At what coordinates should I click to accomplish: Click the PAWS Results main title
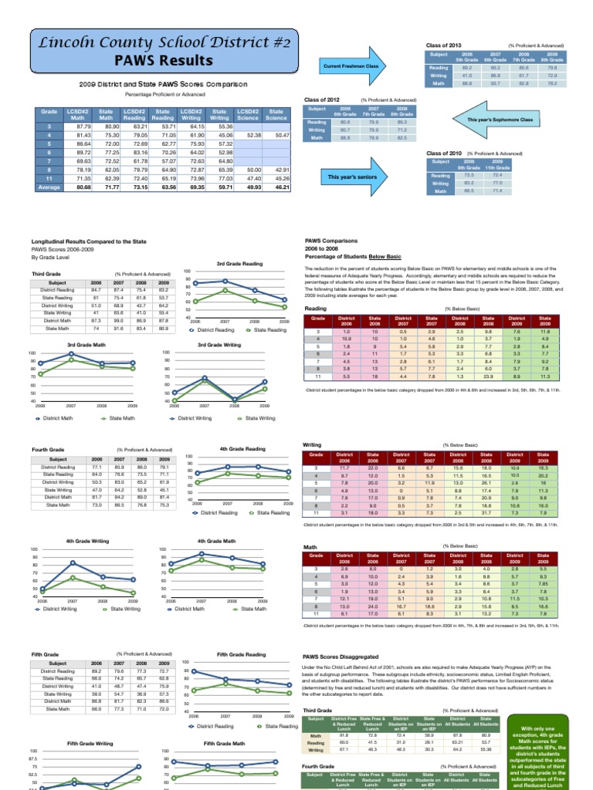[x=163, y=60]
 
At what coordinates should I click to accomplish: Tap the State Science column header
[x=276, y=115]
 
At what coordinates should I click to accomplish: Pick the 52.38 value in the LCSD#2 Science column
[x=248, y=135]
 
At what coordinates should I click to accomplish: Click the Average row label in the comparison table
[x=49, y=187]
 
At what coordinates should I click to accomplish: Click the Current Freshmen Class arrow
[x=361, y=67]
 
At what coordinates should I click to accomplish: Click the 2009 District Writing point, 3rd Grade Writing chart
[x=265, y=381]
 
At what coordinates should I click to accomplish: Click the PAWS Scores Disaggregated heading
[x=340, y=658]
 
